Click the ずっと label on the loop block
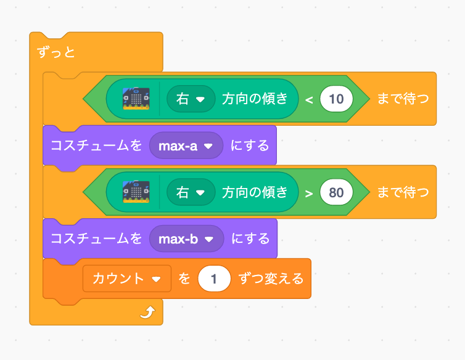pyautogui.click(x=57, y=52)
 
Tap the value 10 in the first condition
pyautogui.click(x=336, y=99)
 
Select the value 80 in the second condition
pyautogui.click(x=336, y=192)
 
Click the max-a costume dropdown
pyautogui.click(x=186, y=146)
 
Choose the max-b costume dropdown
pyautogui.click(x=186, y=239)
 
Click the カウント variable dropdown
pyautogui.click(x=126, y=279)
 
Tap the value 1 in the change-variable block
pyautogui.click(x=214, y=279)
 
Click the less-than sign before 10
pyautogui.click(x=309, y=99)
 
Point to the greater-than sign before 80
pyautogui.click(x=309, y=192)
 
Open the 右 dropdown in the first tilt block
pyautogui.click(x=191, y=99)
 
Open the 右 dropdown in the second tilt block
pyautogui.click(x=191, y=192)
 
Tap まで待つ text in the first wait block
pyautogui.click(x=402, y=99)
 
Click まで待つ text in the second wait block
pyautogui.click(x=402, y=192)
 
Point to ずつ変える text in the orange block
pyautogui.click(x=271, y=279)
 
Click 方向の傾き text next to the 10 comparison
pyautogui.click(x=255, y=99)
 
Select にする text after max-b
pyautogui.click(x=250, y=239)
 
